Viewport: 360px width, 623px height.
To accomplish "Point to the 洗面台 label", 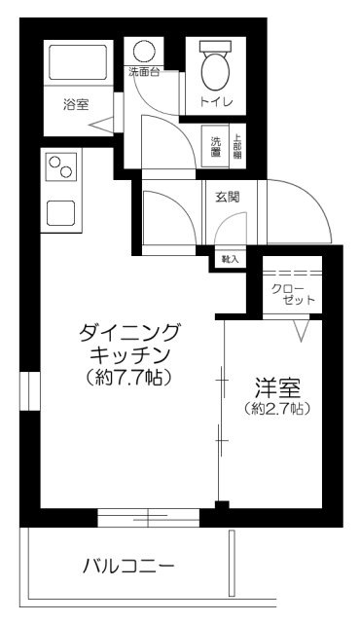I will tap(144, 73).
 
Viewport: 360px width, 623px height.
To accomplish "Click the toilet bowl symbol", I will tap(214, 67).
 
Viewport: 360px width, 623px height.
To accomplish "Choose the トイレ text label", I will tap(214, 101).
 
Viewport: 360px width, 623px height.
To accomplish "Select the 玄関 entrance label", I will tap(229, 196).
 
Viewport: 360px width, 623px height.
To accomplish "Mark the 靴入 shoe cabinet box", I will tap(231, 259).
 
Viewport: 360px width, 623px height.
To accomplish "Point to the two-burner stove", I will tap(60, 167).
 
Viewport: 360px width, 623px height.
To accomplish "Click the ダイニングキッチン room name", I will tap(127, 343).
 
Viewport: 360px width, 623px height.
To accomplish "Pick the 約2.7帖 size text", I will tap(277, 409).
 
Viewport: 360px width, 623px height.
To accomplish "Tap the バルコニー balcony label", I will tap(127, 566).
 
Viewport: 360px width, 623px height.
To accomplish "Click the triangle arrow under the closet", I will tap(301, 330).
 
